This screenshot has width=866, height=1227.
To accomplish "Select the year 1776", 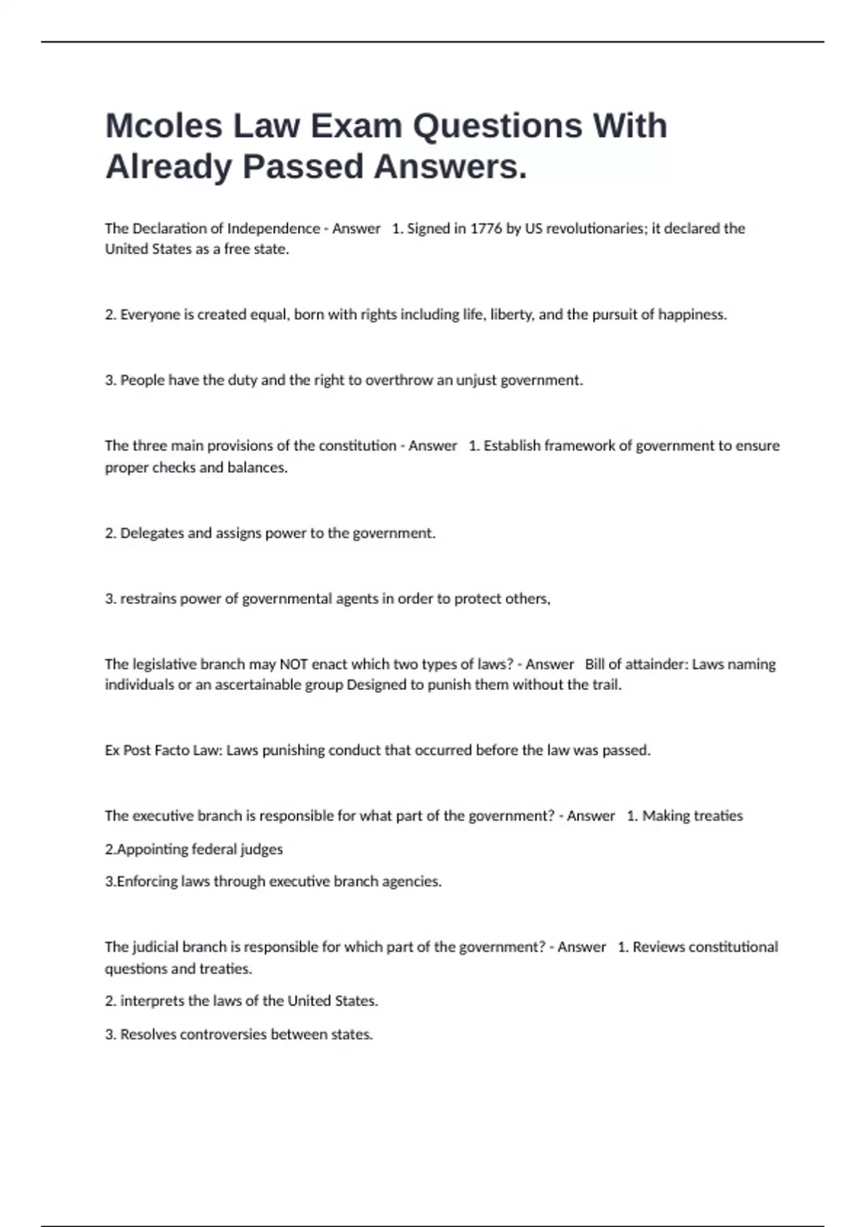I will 486,229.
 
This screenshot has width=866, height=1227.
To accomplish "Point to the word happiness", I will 691,315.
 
